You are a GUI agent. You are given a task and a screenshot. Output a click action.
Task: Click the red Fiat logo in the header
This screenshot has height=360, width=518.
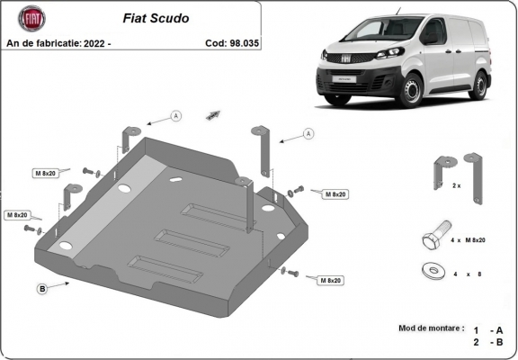click(27, 17)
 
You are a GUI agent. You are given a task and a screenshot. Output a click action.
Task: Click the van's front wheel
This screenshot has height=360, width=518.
click(411, 91)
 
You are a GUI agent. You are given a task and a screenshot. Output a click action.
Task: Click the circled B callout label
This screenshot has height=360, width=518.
click(42, 288)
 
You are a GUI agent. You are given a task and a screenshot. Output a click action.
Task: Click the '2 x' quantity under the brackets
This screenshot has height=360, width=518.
click(457, 185)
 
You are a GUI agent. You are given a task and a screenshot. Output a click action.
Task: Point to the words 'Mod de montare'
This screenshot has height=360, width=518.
click(431, 328)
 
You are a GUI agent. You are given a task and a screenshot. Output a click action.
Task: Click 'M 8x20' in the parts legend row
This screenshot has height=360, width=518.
click(474, 240)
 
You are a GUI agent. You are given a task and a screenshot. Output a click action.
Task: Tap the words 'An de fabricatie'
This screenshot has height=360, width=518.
click(42, 41)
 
